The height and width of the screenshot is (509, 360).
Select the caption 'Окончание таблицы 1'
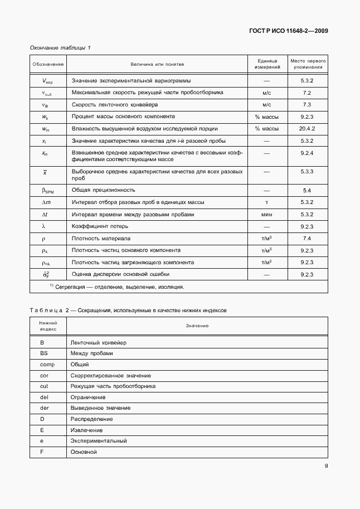coord(60,48)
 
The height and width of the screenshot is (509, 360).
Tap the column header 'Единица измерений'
coord(266,64)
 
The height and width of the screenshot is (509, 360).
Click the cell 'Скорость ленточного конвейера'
coord(115,104)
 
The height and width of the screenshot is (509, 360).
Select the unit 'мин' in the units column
coord(266,214)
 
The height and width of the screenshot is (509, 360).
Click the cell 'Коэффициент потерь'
coord(100,226)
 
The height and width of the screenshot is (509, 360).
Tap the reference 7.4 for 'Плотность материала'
coord(307,238)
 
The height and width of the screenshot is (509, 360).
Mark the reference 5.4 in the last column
coord(307,190)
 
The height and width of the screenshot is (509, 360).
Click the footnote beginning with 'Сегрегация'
coord(116,287)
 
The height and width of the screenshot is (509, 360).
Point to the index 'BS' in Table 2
coord(43,353)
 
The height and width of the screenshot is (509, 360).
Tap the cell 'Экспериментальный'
coord(99,440)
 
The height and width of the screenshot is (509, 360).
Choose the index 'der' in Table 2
coord(45,408)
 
